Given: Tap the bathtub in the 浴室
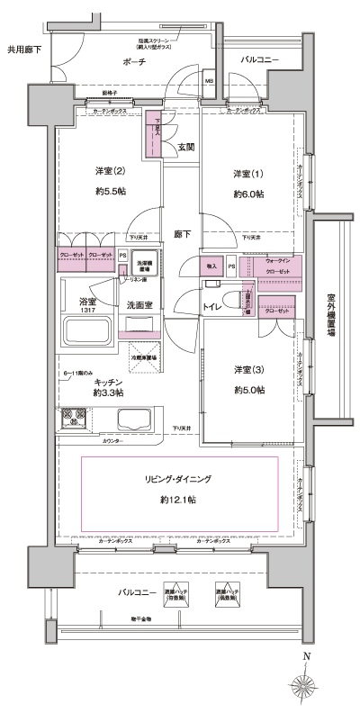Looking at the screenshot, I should click(85, 336).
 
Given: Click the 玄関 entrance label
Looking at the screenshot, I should click(185, 147).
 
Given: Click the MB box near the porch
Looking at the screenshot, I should click(209, 81).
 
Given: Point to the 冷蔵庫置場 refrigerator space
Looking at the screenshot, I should click(144, 354).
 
